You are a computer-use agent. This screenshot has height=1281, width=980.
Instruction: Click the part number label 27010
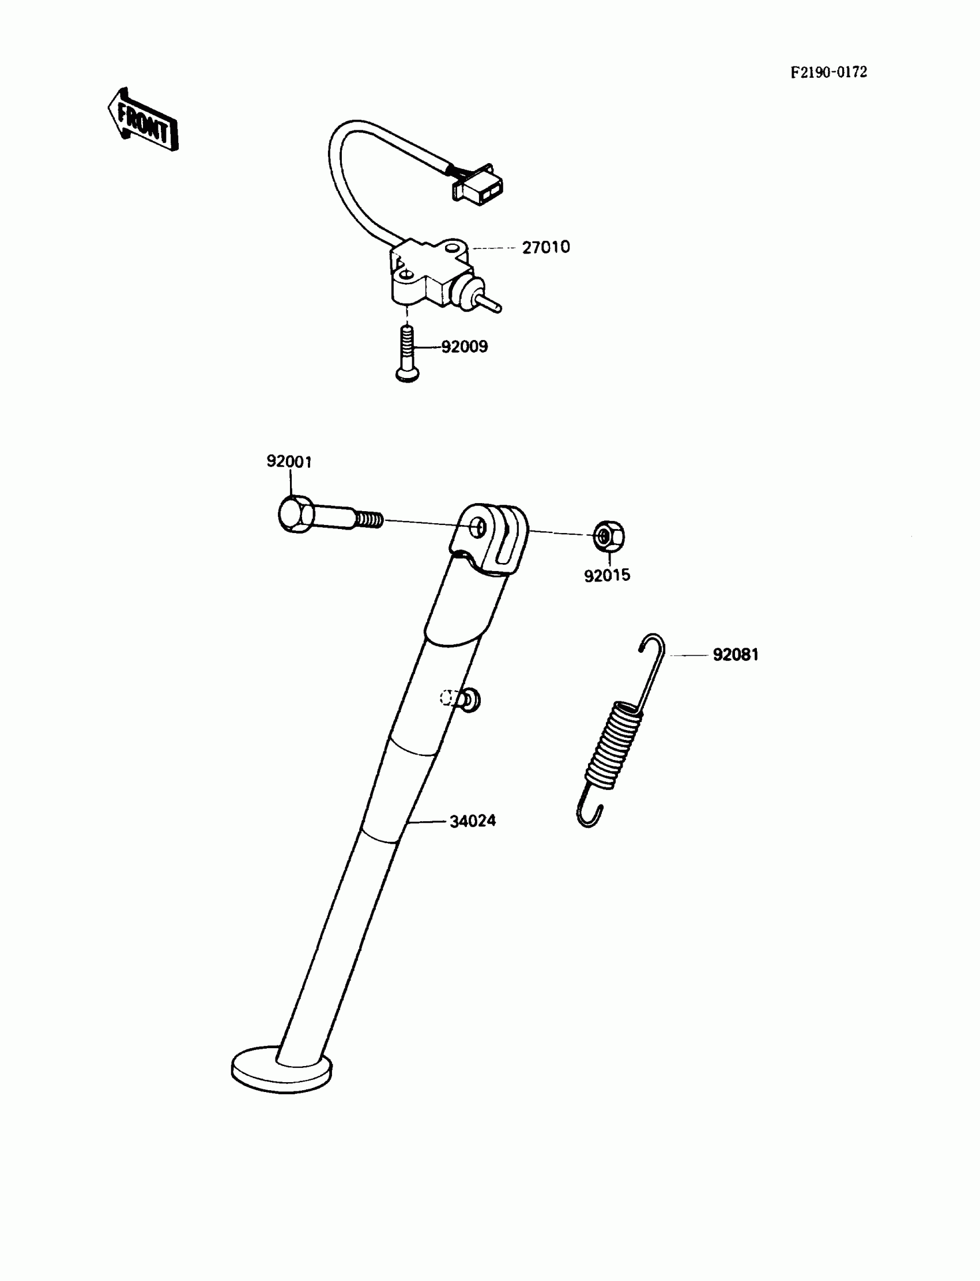pyautogui.click(x=545, y=247)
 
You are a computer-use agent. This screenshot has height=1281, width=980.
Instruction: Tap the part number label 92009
pyautogui.click(x=464, y=347)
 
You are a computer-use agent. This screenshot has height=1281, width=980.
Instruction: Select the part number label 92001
pyautogui.click(x=289, y=462)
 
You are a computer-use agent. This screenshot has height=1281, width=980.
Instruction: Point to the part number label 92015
pyautogui.click(x=607, y=576)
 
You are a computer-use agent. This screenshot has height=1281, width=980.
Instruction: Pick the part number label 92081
pyautogui.click(x=736, y=655)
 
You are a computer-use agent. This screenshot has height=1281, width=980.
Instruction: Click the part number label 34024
pyautogui.click(x=473, y=821)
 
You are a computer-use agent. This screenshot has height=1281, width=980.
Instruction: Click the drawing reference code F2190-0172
pyautogui.click(x=828, y=72)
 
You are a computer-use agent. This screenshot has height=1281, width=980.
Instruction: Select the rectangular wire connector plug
pyautogui.click(x=478, y=186)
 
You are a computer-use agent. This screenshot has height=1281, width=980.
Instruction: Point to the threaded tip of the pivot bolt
pyautogui.click(x=370, y=519)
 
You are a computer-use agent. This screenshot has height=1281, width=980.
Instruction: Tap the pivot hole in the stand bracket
pyautogui.click(x=479, y=528)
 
